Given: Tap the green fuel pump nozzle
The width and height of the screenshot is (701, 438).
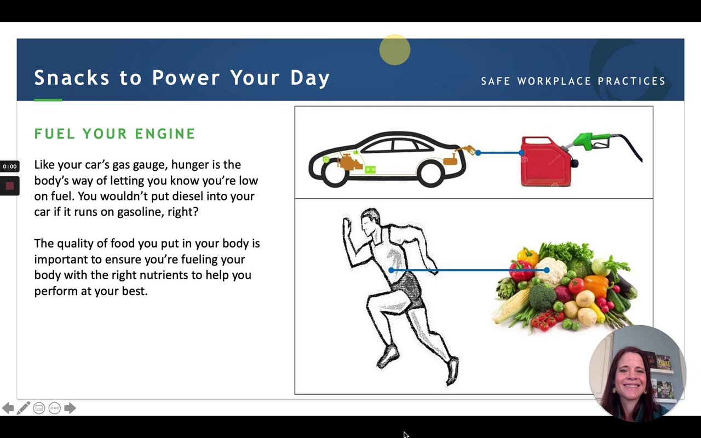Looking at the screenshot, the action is click(x=588, y=141).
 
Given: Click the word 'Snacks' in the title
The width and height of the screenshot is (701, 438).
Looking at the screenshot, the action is click(x=72, y=78).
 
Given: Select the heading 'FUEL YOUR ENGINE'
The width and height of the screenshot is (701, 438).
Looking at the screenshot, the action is click(x=114, y=134).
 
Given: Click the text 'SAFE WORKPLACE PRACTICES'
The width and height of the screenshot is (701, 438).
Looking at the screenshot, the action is click(x=573, y=81).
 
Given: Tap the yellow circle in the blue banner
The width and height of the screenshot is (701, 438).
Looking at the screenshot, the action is click(x=395, y=50).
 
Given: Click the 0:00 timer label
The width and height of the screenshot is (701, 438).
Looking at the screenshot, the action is click(x=9, y=166).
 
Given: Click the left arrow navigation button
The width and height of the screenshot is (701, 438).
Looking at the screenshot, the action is click(x=8, y=408).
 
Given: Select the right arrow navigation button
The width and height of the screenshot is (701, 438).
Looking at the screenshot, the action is click(x=70, y=408).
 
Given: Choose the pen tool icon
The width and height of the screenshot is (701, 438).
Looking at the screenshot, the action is click(x=24, y=408).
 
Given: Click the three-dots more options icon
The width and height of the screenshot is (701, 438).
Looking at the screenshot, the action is click(x=54, y=408).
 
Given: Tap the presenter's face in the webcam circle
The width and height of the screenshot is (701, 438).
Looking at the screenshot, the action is click(x=630, y=379).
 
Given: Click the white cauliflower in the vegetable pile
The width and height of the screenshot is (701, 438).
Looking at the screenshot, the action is click(x=550, y=270).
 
